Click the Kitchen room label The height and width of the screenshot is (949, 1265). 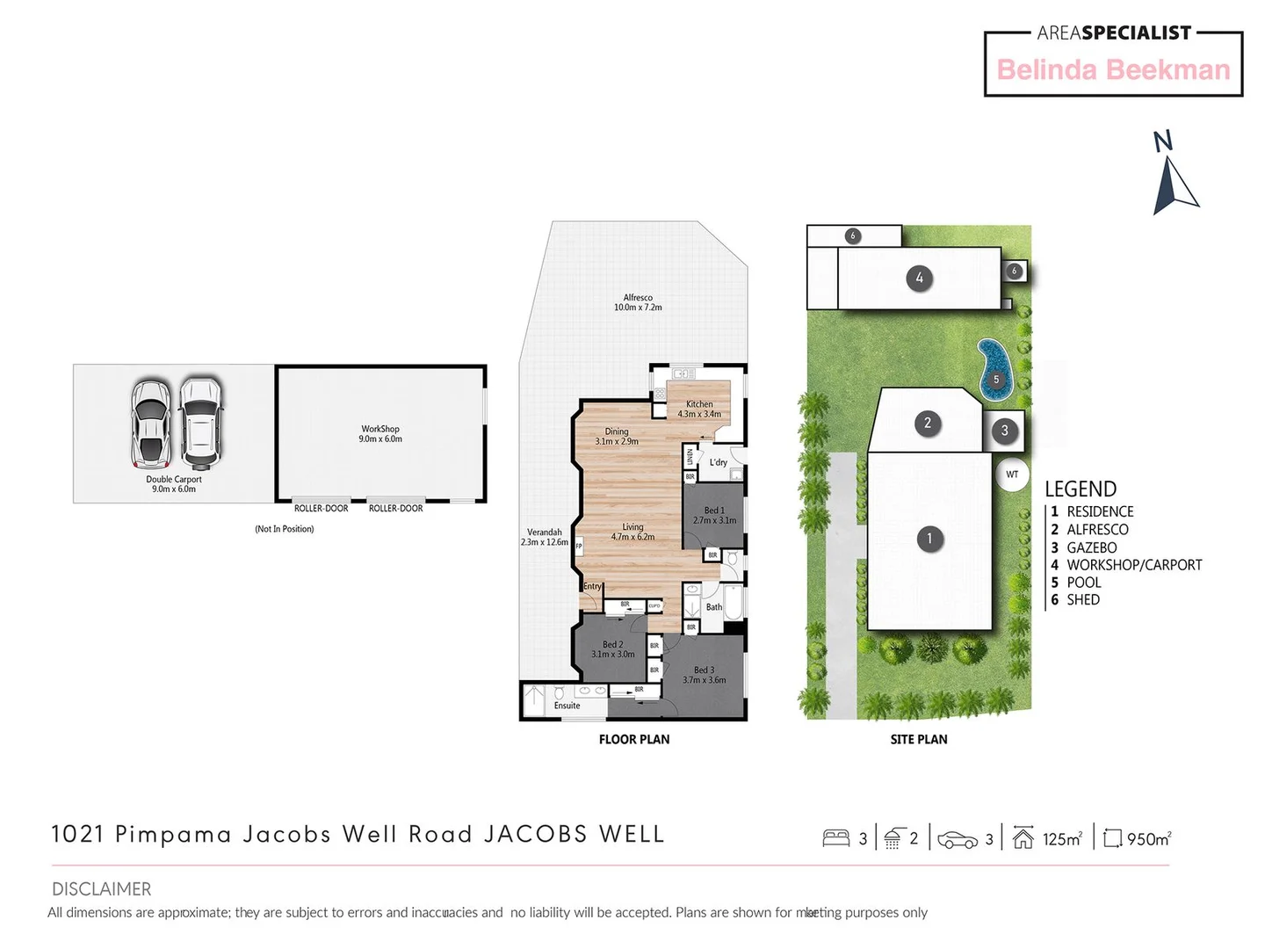(x=699, y=409)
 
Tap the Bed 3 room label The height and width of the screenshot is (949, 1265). (x=704, y=675)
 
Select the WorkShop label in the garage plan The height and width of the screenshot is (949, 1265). (x=380, y=434)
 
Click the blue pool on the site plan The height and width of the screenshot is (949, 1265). (x=995, y=368)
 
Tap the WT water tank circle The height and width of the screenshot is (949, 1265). (x=1012, y=474)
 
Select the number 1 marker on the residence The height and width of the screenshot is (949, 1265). (x=929, y=539)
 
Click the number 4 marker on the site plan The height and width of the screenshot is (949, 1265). (x=919, y=279)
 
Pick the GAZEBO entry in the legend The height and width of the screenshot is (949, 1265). (x=1091, y=547)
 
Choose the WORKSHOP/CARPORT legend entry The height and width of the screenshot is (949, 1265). (x=1133, y=565)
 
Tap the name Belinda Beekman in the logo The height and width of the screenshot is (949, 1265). (x=1113, y=70)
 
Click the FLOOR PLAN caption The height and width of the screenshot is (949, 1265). (x=633, y=740)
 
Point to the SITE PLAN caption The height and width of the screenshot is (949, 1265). (x=919, y=740)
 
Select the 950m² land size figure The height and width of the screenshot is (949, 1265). (x=1148, y=839)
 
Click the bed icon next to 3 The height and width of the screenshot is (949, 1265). (x=835, y=838)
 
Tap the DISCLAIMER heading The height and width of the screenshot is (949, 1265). (x=101, y=889)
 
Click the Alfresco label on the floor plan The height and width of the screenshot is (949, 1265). (x=638, y=302)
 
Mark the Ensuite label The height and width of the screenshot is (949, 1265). (x=567, y=706)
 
